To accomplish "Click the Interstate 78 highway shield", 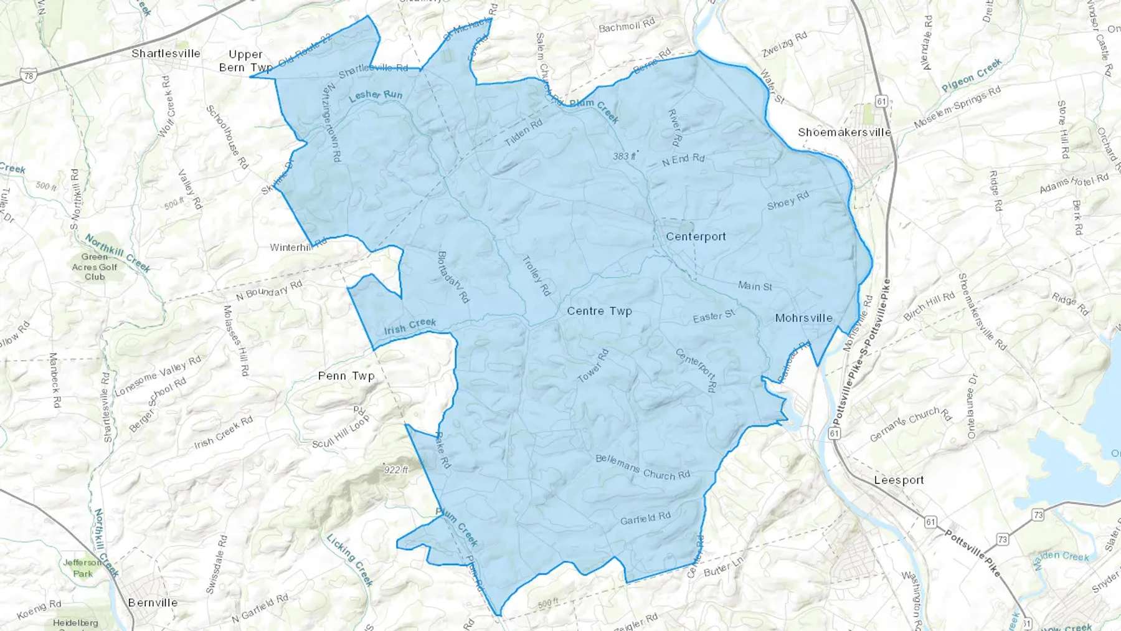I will pos(28,77).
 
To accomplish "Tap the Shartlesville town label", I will pos(166,54).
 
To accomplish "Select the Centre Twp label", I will pos(599,311).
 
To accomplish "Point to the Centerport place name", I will pos(696,237).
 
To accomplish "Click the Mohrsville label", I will pos(803,318).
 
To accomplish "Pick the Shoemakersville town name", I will pos(844,133).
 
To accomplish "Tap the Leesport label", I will pos(899,480).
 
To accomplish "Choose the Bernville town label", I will pos(153,603).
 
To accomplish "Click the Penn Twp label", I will pos(346,376).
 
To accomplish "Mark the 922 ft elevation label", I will pos(396,470).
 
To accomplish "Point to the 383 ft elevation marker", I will pos(624,156).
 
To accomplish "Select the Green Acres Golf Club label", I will pos(95,267).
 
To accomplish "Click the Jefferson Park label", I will pos(82,568).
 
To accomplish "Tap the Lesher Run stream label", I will pos(376,95).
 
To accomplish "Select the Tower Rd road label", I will pos(592,366).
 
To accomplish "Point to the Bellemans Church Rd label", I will pos(643,467).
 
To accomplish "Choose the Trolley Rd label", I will pos(536,275).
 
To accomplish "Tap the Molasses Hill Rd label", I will pos(236,340).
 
